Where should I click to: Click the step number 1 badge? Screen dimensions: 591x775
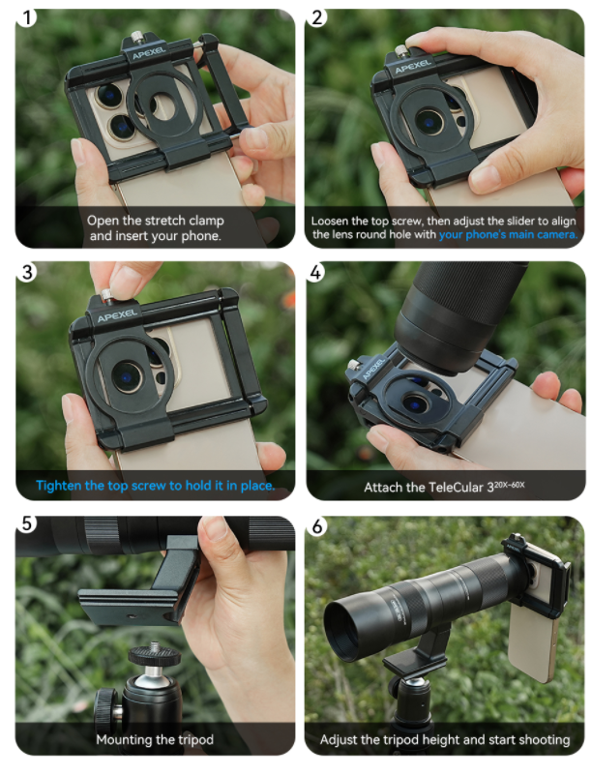click(x=27, y=17)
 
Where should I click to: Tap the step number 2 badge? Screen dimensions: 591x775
click(x=316, y=17)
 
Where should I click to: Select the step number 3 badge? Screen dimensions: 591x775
click(x=27, y=272)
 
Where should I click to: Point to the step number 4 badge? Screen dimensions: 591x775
click(x=316, y=272)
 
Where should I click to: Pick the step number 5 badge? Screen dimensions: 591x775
click(x=27, y=523)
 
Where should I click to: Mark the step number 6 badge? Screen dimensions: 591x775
click(x=316, y=526)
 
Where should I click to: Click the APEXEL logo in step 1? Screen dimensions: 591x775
click(x=149, y=53)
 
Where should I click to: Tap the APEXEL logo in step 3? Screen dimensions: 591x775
click(x=117, y=315)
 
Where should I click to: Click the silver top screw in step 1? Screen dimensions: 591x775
click(x=135, y=37)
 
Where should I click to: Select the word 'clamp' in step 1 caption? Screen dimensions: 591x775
click(x=206, y=221)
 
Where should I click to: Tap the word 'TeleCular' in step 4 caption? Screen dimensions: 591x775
click(x=455, y=488)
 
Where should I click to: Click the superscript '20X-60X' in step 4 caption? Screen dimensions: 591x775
click(x=510, y=485)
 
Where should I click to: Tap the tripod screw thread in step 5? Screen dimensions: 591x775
click(x=155, y=646)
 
